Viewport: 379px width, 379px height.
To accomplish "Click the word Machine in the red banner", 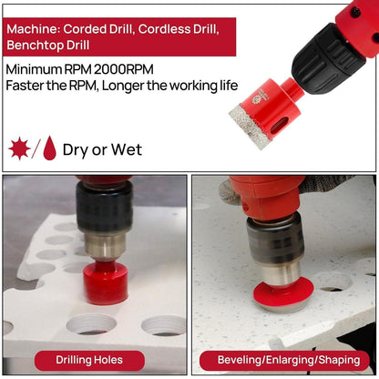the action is (33, 29).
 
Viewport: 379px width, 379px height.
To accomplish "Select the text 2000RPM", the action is (123, 69).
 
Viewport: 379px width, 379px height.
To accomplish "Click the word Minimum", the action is (34, 69).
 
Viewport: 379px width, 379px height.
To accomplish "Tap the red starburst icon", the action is (19, 149).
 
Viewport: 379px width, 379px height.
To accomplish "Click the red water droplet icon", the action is (49, 148).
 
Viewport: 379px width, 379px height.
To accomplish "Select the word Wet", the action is (127, 149).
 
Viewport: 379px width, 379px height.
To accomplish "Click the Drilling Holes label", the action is (89, 360).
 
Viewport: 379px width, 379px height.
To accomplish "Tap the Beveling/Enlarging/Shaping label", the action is (289, 360).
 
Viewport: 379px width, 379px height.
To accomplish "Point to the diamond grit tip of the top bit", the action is (247, 126).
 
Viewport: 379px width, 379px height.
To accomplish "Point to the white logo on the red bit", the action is (262, 97).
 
